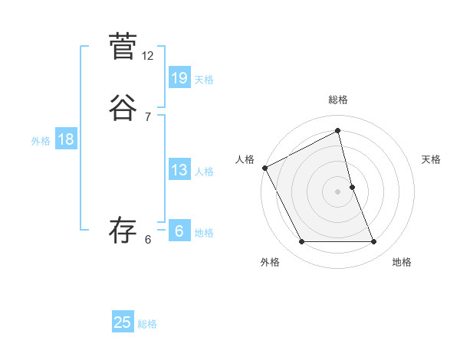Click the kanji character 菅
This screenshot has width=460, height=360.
122,47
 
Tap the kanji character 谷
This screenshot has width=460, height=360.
122,108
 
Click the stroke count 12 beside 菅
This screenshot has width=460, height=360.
148,56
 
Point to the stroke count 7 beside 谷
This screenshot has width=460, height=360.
147,116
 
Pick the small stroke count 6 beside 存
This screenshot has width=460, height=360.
147,240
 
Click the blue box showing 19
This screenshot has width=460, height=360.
179,78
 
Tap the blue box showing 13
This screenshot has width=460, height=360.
179,170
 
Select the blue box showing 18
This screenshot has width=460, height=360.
65,139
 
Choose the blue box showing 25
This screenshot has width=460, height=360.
123,322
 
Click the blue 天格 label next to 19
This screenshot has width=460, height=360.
204,80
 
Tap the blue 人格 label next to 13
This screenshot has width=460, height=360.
204,172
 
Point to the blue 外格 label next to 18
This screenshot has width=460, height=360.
41,141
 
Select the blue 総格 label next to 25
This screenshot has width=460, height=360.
147,324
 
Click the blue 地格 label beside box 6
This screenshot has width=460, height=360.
204,233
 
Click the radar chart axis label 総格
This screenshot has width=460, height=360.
338,100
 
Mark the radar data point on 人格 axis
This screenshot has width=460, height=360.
264,167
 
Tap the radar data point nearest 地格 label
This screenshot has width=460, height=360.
374,242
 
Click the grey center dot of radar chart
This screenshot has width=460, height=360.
338,191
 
